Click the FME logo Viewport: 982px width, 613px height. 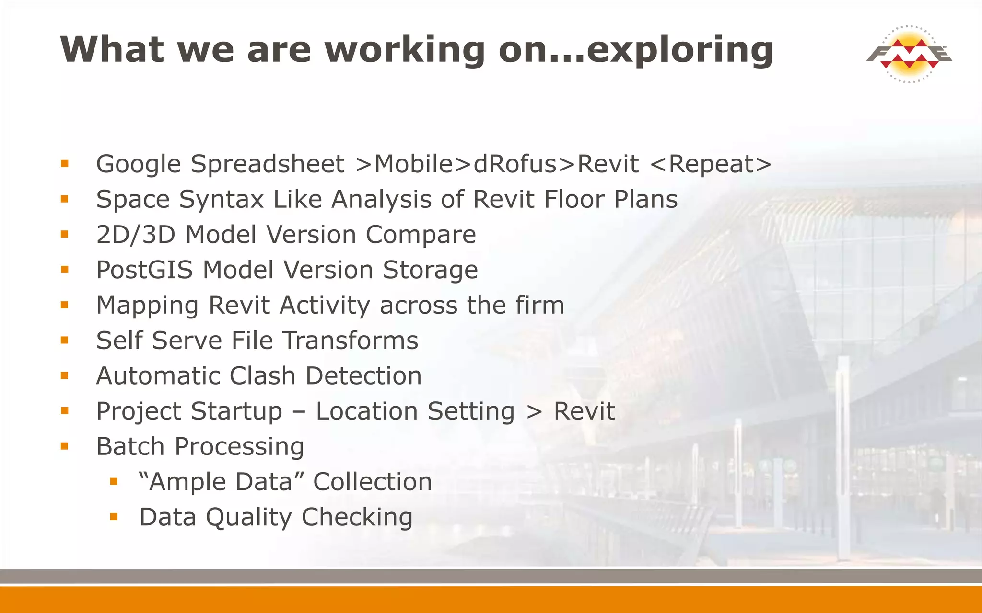click(x=909, y=54)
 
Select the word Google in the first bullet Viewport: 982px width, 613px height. click(x=139, y=164)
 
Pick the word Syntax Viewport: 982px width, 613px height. click(x=221, y=199)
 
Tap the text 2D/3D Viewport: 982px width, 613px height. click(x=136, y=235)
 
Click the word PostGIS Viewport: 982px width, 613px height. click(x=144, y=270)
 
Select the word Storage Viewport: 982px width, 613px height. click(x=430, y=270)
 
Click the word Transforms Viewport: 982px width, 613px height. click(x=350, y=341)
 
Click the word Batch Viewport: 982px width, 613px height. click(x=130, y=446)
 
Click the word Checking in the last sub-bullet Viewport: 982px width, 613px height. click(x=357, y=517)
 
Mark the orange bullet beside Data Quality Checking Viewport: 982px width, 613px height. click(x=114, y=517)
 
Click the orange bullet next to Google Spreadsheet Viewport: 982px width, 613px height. click(x=65, y=164)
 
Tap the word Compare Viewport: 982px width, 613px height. click(x=421, y=235)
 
